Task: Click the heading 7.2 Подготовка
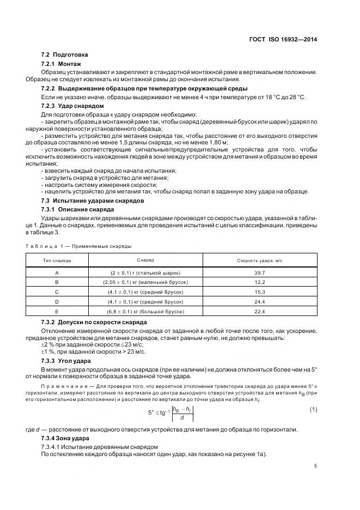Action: [x=64, y=55]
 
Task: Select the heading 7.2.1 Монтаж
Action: [x=61, y=64]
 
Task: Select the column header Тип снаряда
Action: [x=57, y=260]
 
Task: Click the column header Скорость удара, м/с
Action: [x=259, y=260]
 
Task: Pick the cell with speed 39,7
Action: [x=259, y=272]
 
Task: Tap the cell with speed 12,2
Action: [x=259, y=282]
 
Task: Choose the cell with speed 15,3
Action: [x=259, y=292]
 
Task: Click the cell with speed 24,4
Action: [x=259, y=301]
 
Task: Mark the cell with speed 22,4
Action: [x=259, y=311]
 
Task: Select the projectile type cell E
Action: [x=57, y=311]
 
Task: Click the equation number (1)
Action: [x=313, y=409]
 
